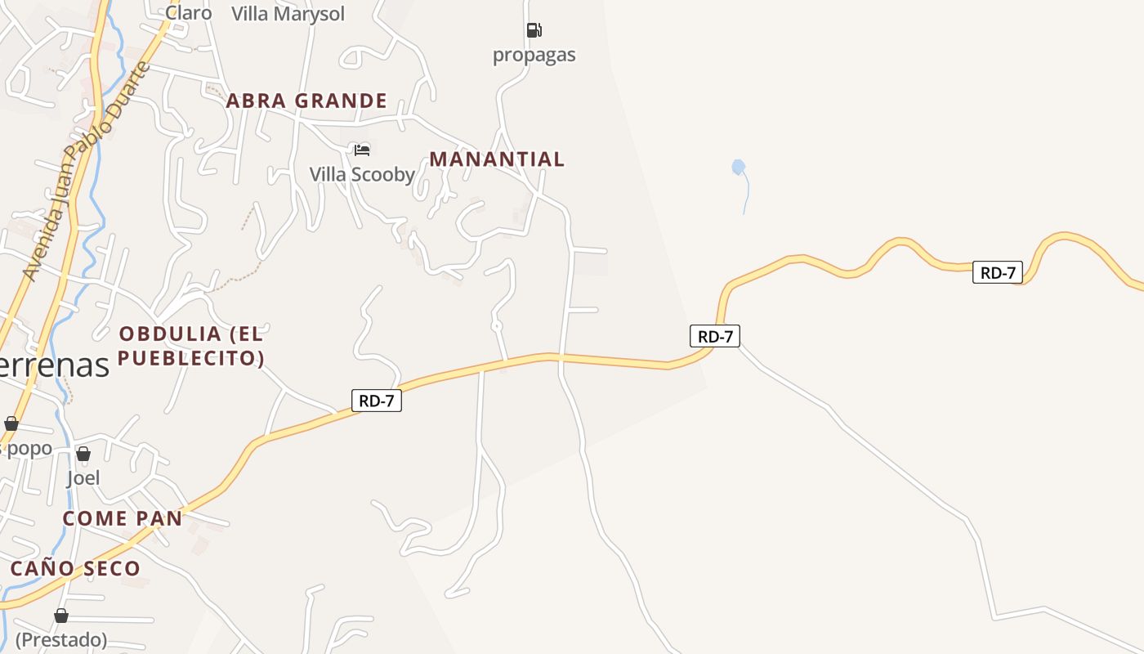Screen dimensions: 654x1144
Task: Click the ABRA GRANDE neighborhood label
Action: point(306,101)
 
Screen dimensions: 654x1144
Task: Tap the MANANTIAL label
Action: point(497,159)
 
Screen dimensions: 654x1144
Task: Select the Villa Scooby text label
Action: point(362,174)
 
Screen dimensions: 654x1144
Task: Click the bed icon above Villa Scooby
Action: point(362,150)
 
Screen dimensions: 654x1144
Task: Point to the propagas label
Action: point(534,55)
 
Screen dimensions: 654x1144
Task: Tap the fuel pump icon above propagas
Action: point(534,31)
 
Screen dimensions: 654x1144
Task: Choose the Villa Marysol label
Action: point(288,14)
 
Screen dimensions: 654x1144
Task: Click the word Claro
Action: point(189,12)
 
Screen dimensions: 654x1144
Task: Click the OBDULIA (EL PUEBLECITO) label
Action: point(191,346)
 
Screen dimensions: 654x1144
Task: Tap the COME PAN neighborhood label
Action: point(123,518)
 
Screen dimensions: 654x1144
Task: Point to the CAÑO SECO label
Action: point(75,568)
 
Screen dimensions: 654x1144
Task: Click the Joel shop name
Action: point(83,477)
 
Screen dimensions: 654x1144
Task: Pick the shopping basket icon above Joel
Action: point(83,454)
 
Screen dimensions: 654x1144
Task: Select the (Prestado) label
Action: point(61,639)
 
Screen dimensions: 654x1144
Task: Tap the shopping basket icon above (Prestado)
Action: point(61,616)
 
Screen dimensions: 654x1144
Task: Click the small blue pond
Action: point(739,168)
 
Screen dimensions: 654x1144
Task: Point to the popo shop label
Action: point(28,448)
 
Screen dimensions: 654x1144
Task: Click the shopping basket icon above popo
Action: point(11,423)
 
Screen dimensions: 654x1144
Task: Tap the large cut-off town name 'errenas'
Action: point(54,365)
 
